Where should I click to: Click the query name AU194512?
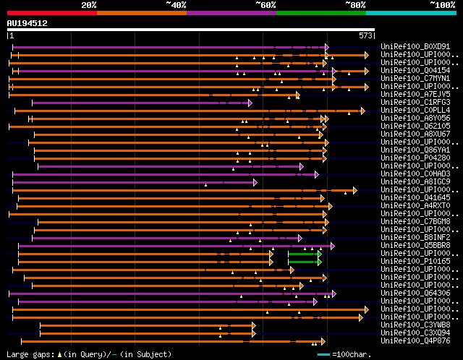coord(27,23)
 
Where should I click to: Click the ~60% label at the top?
coord(266,4)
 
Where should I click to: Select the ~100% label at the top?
coord(442,4)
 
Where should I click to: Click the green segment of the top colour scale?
coord(320,12)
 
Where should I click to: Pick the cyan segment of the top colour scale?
coord(411,12)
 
